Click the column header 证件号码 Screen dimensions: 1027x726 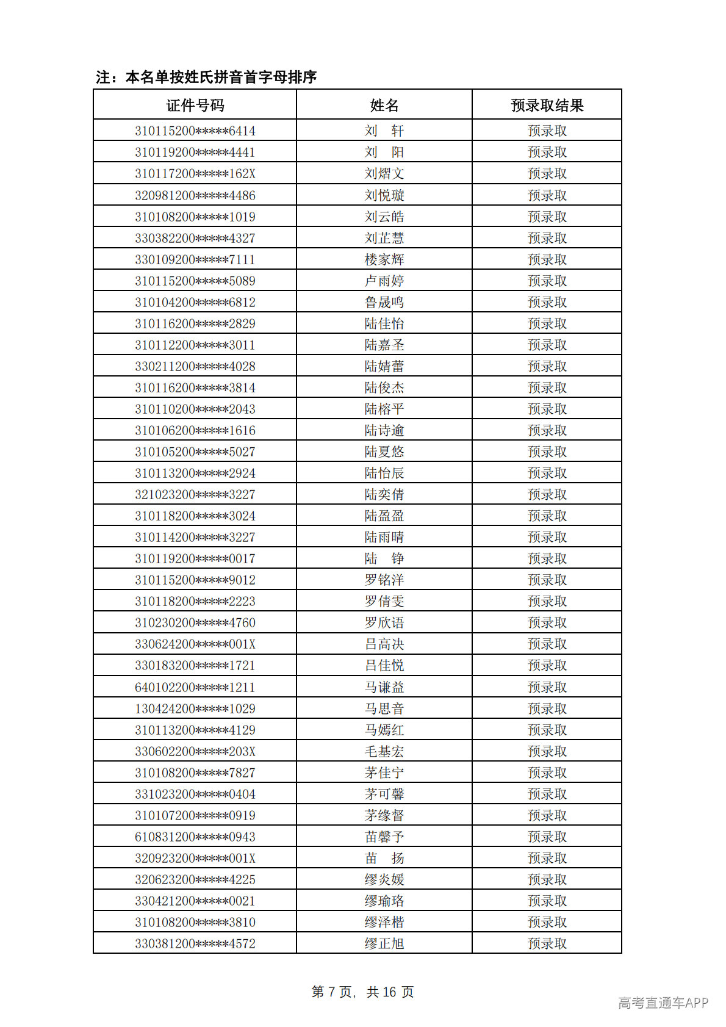[195, 106]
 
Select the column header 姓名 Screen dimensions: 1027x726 [384, 106]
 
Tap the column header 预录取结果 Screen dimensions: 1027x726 [547, 106]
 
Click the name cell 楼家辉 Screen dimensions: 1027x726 [384, 259]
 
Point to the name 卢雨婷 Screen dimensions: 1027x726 [384, 281]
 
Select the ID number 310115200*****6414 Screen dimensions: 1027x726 [195, 131]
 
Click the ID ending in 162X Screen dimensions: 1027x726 [195, 173]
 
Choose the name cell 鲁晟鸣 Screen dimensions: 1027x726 [384, 302]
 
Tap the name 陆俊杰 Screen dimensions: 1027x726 [384, 387]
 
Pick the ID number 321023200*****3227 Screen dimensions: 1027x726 [195, 494]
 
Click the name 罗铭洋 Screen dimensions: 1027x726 [384, 580]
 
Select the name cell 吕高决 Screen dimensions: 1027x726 [384, 644]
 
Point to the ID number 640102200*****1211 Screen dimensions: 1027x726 [195, 687]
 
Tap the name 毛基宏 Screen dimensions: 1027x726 [384, 751]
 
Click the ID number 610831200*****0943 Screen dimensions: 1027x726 [195, 837]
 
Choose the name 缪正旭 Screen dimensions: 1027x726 [384, 943]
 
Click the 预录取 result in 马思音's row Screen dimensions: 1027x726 [547, 708]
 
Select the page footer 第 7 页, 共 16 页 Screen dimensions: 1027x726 [362, 992]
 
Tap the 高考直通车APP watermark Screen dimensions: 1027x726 [663, 1003]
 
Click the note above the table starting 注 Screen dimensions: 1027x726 [206, 77]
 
